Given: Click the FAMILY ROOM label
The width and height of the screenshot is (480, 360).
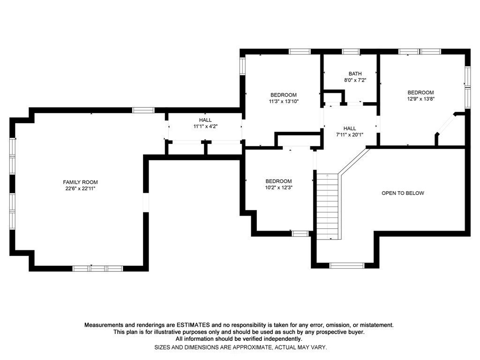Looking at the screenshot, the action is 80,182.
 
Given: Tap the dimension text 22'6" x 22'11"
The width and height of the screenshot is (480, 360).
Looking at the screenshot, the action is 80,188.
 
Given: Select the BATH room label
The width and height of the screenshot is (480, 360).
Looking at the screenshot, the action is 355,74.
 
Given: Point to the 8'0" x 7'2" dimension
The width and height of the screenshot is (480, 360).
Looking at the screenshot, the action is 355,80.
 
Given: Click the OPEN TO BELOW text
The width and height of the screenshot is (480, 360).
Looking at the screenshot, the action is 403,193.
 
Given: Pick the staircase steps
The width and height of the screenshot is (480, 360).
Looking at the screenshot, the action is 328,206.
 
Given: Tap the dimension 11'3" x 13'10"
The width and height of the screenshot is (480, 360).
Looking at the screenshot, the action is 284,101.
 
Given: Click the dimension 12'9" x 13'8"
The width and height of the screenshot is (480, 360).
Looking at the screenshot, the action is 420,99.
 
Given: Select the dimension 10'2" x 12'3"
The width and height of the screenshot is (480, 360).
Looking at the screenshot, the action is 278,187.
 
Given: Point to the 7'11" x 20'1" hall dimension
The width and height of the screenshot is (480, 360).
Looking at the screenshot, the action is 350,135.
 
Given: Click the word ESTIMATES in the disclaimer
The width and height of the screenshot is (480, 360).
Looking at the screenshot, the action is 193,325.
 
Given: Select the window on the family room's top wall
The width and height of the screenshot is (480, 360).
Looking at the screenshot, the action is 143,110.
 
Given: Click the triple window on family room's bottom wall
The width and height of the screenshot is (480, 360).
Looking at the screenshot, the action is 97,269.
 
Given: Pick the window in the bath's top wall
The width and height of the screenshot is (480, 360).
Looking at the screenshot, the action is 351,52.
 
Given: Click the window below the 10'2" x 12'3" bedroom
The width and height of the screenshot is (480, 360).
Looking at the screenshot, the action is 300,233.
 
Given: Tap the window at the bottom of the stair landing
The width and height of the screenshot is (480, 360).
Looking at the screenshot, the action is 347,265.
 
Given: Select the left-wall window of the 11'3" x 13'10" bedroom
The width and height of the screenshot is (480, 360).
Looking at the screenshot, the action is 242,66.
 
